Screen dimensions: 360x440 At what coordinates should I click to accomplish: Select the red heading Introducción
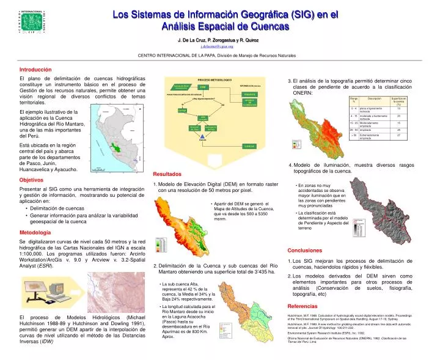[x=35, y=70]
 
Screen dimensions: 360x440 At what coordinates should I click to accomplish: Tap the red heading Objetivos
[x=31, y=180]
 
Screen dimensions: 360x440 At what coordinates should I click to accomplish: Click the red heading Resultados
[x=167, y=174]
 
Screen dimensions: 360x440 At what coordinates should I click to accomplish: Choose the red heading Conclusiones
[x=304, y=251]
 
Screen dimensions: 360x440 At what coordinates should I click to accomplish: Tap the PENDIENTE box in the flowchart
[x=249, y=94]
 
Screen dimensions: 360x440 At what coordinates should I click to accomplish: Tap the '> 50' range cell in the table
[x=354, y=135]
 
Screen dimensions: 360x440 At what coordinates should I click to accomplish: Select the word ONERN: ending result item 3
[x=303, y=92]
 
